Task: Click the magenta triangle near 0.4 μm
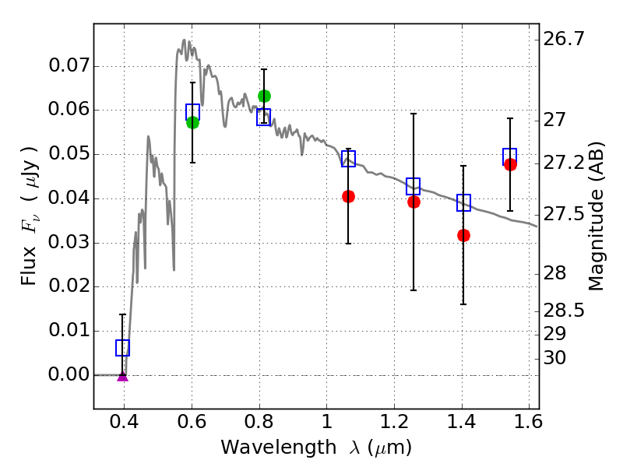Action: pos(122,376)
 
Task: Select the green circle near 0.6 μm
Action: pos(192,122)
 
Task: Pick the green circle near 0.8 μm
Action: pos(264,97)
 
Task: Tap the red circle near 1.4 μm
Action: pos(464,235)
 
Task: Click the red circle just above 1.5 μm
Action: pos(510,164)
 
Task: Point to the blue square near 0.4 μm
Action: pos(122,348)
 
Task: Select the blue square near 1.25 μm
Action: pos(414,186)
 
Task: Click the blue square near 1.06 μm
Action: pos(348,159)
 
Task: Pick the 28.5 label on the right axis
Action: pos(566,311)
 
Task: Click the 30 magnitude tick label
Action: pos(558,358)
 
